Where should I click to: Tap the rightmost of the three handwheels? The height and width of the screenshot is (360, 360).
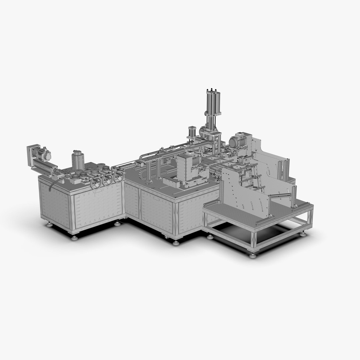coord(117,178)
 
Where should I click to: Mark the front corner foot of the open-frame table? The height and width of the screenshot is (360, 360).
coord(253,255)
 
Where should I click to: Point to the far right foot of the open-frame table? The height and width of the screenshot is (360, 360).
coord(303,234)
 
